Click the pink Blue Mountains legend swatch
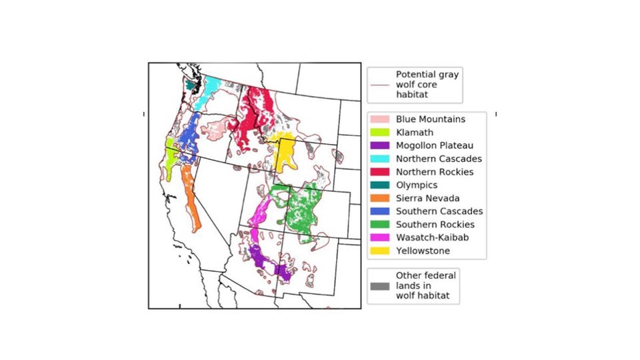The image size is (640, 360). click(x=380, y=119)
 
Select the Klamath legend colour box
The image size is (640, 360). click(x=380, y=133)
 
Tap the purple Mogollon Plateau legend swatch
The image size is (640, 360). click(x=380, y=145)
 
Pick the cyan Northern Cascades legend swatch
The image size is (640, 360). click(x=380, y=159)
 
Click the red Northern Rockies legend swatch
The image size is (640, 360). click(x=380, y=172)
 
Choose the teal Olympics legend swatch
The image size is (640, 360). click(x=380, y=185)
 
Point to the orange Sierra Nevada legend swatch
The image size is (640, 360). click(x=380, y=198)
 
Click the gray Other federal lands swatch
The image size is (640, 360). click(x=380, y=286)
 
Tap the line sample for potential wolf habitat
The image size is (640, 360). click(x=380, y=85)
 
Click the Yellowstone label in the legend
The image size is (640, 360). click(x=423, y=251)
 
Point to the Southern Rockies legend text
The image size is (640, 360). click(x=435, y=225)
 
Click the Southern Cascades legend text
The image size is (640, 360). click(x=439, y=211)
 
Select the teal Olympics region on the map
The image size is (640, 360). click(x=191, y=85)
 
